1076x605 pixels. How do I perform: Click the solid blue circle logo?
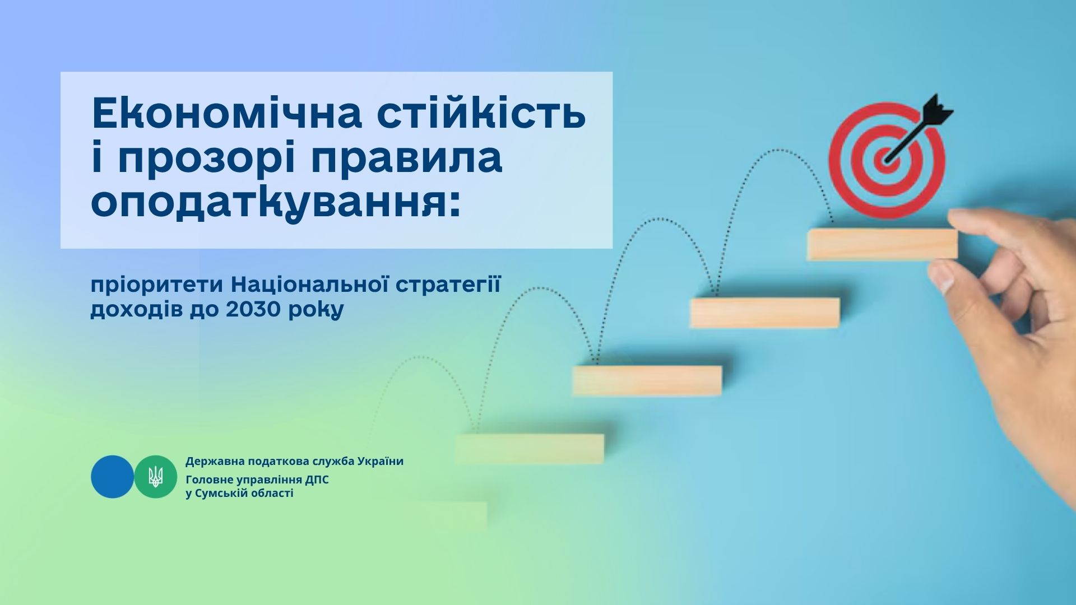(x=113, y=477)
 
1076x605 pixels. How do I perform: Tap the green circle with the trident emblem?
(x=156, y=477)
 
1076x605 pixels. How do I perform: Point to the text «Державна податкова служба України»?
(x=294, y=462)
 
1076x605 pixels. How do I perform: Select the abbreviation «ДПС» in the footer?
(x=317, y=480)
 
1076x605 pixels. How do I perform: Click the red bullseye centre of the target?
(x=886, y=158)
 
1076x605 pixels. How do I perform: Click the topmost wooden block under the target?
(x=883, y=244)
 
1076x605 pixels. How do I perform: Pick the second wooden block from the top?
(x=765, y=312)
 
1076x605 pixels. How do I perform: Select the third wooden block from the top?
(x=647, y=380)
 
